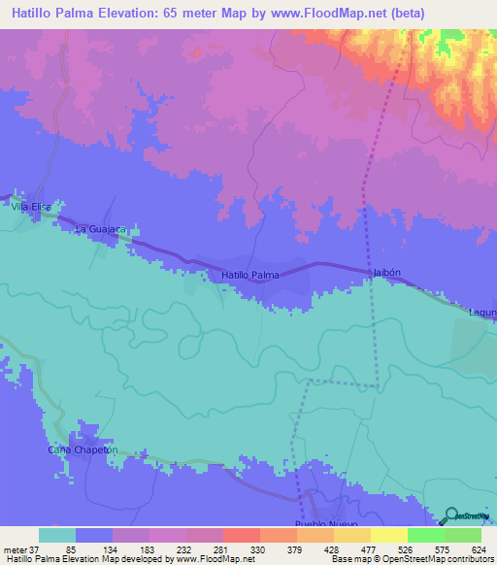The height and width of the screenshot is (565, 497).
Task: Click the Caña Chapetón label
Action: [x=83, y=450]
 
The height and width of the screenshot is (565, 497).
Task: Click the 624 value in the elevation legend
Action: [x=475, y=548]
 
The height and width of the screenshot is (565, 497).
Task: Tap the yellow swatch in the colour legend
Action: [x=388, y=535]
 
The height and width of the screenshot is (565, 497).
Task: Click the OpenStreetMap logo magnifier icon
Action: [x=451, y=515]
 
